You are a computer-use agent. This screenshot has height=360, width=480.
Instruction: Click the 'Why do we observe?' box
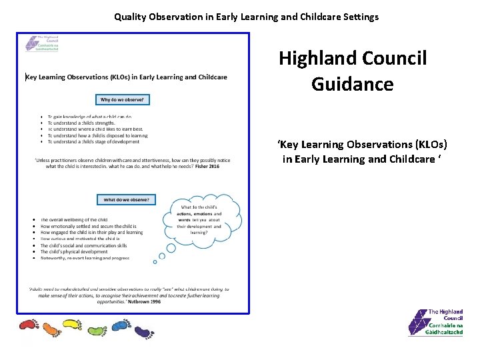coord(123,100)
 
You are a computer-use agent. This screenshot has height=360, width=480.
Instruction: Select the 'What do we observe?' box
coord(126,199)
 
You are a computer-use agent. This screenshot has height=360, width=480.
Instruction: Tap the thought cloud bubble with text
coord(199,219)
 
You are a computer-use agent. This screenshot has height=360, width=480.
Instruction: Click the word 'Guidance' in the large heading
coord(352,84)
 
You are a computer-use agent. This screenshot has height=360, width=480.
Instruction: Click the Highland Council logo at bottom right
coord(436,323)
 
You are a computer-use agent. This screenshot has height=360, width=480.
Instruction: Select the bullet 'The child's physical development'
coord(74,252)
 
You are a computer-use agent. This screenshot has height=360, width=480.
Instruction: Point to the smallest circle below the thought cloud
coord(155,262)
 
